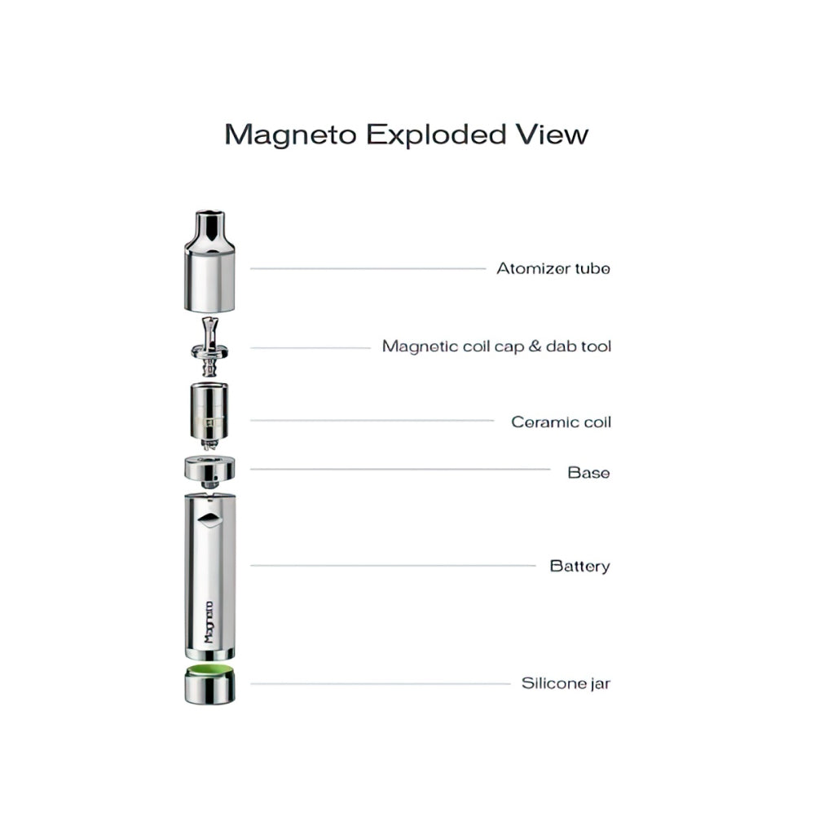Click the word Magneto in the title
click(291, 136)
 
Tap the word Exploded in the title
click(436, 135)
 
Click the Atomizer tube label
click(553, 268)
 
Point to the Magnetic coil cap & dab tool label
click(497, 347)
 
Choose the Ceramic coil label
click(561, 422)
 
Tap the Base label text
click(588, 473)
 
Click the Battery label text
click(579, 566)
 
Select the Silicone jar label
click(566, 683)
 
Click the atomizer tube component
click(209, 262)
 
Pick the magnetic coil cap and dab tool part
click(209, 347)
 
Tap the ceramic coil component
click(209, 416)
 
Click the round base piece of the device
click(209, 472)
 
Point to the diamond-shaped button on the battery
click(209, 519)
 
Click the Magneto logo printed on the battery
click(209, 621)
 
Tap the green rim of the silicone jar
click(209, 670)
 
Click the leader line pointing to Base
click(400, 470)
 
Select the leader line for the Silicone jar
click(380, 683)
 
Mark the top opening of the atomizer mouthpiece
click(209, 213)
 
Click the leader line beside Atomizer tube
click(368, 268)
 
